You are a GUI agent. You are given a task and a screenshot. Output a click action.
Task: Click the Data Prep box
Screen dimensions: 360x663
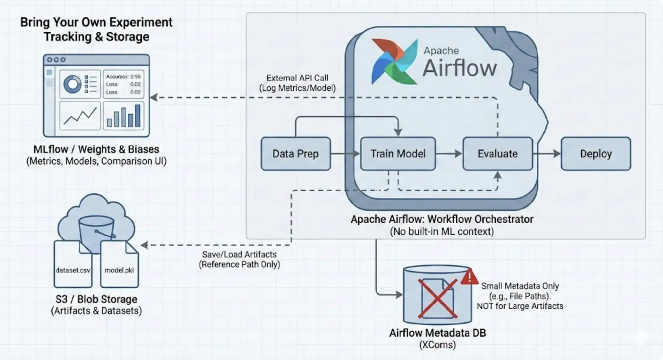coord(295,154)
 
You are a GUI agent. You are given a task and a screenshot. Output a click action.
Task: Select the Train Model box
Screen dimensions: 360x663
coord(398,154)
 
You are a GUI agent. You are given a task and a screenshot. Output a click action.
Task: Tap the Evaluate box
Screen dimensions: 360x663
coord(497,154)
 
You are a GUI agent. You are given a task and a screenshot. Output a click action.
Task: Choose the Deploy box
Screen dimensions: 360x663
coord(596,154)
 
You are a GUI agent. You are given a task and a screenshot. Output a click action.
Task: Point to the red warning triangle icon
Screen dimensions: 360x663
coord(469,277)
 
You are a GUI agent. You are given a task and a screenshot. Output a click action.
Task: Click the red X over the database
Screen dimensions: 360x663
coord(437,299)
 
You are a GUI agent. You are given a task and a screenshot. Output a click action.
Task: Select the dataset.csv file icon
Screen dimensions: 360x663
coord(73,264)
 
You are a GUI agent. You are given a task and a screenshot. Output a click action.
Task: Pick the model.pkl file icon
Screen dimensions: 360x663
coord(119,264)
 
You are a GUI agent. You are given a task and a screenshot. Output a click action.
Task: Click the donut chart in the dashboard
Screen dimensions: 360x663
coord(72,84)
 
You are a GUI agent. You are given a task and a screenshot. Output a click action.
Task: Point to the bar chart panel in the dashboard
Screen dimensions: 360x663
coord(124,115)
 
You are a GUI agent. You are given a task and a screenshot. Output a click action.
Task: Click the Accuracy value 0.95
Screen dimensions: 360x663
coord(135,77)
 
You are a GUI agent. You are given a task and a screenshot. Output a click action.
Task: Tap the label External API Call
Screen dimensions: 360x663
coord(297,78)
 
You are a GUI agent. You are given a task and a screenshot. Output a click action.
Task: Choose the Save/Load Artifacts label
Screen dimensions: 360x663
coord(239,254)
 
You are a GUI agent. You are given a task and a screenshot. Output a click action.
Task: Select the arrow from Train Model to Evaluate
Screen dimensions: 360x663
coord(449,154)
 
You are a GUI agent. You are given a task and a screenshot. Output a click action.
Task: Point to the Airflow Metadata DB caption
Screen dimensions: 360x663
coord(437,333)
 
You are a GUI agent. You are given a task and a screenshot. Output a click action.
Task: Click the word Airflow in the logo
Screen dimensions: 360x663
coord(460,68)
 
